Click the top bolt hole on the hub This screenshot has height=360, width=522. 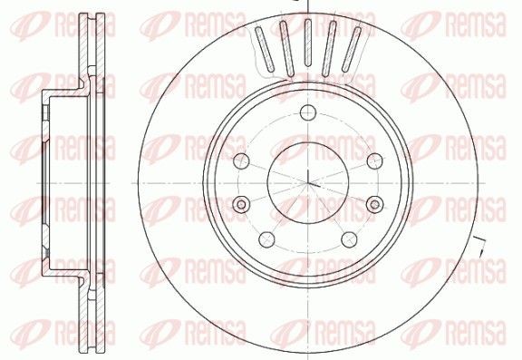[308, 112]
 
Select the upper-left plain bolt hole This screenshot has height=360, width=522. [241, 161]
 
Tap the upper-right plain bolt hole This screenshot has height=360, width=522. [374, 161]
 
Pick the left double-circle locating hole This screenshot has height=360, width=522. [241, 204]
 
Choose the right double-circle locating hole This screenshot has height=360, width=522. [374, 204]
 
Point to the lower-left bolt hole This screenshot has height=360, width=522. [266, 239]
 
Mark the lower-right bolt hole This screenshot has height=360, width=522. [349, 239]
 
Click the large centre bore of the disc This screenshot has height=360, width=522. [308, 183]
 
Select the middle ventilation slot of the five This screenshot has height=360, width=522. [308, 43]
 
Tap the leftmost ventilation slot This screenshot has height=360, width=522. [265, 49]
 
